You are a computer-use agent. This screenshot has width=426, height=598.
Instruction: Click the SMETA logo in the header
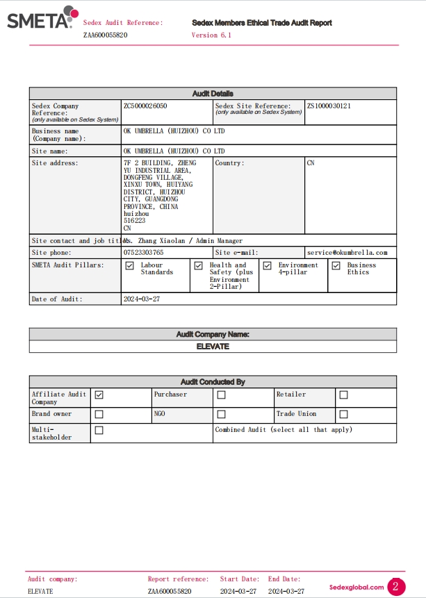[x=40, y=18]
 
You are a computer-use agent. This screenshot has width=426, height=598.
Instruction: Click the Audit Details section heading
[x=213, y=94]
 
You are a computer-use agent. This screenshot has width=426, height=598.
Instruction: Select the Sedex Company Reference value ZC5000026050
[x=145, y=106]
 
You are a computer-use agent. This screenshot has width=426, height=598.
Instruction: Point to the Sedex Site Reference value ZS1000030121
[x=329, y=106]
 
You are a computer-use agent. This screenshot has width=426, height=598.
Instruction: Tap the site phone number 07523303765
[x=144, y=253]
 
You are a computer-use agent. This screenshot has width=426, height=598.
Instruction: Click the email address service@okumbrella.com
[x=347, y=253]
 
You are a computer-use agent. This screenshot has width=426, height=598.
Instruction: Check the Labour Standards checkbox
[x=129, y=265]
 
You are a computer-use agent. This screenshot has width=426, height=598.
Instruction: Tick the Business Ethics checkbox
[x=336, y=265]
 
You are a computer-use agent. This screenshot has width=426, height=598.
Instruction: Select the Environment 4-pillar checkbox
[x=267, y=265]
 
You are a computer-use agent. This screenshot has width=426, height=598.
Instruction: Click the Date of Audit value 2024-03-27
[x=141, y=299]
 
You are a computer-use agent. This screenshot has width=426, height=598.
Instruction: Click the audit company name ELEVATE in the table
[x=213, y=346]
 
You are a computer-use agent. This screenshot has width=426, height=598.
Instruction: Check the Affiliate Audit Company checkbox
[x=99, y=395]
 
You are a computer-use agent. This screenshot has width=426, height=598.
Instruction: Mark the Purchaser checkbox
[x=221, y=395]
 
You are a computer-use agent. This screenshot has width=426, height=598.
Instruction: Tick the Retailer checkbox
[x=343, y=395]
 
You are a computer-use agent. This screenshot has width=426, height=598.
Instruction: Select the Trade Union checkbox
[x=343, y=414]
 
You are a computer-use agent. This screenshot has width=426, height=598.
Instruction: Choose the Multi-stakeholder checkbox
[x=99, y=431]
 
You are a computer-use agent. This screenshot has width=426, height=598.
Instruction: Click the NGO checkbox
[x=221, y=414]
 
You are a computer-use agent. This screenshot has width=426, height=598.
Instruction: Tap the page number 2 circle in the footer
[x=396, y=587]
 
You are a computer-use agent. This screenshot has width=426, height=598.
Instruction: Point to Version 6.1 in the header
[x=211, y=35]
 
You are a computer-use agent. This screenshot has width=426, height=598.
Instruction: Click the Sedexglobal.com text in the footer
[x=357, y=587]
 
